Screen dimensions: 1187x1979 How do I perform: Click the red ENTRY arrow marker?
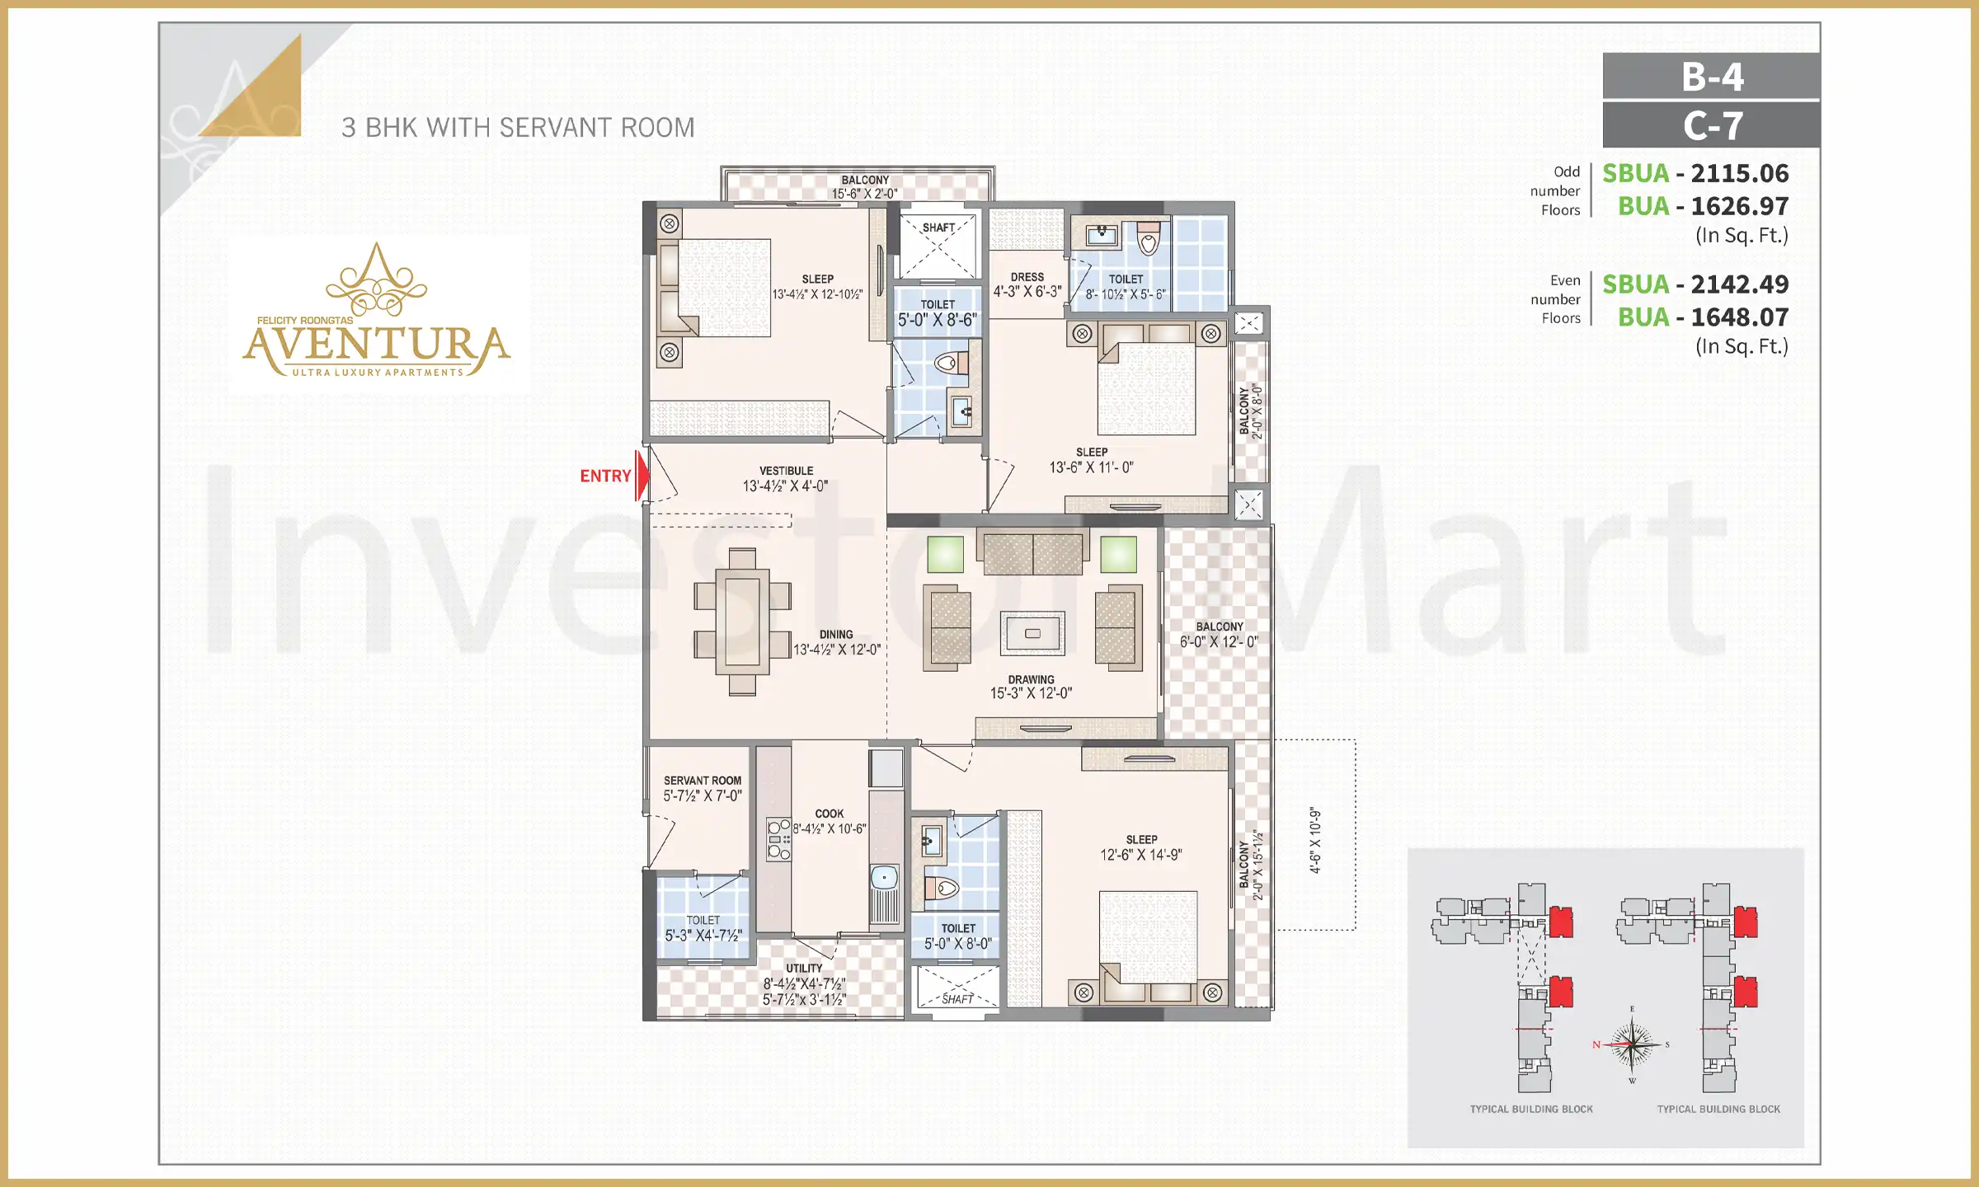[641, 476]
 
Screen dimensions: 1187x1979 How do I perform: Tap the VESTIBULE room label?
[786, 471]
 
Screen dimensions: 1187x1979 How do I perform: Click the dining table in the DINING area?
[742, 622]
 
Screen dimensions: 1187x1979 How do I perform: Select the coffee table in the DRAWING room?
[1032, 633]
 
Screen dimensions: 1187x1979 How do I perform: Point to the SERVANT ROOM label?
[703, 780]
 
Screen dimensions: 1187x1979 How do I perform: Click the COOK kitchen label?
[829, 814]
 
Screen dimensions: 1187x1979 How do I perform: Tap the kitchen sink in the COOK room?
[885, 877]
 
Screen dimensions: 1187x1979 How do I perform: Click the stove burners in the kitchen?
[778, 839]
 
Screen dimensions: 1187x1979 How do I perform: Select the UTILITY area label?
[804, 969]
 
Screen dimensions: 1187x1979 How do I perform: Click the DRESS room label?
[1027, 277]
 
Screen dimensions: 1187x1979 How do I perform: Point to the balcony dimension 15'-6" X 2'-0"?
[864, 194]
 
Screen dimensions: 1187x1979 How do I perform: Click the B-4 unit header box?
[1711, 76]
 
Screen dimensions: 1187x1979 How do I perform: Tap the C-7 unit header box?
[1711, 125]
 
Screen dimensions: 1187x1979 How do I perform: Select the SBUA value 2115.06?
[1740, 173]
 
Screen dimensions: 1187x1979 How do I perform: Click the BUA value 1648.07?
[1740, 317]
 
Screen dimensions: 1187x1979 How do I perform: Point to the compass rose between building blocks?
[1632, 1044]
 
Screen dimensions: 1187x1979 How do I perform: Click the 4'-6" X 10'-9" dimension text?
[1315, 840]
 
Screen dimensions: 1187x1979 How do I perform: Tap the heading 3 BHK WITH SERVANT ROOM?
[518, 128]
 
